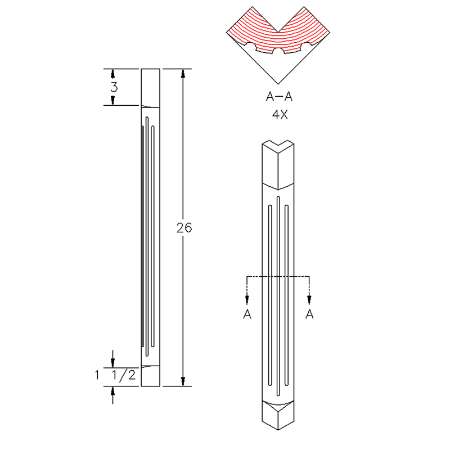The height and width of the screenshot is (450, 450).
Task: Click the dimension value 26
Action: [x=184, y=228]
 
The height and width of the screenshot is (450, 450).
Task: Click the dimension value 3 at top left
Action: [x=114, y=87]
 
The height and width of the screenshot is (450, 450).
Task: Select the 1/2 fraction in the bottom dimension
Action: [x=123, y=375]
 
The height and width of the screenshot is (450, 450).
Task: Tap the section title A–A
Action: [x=279, y=96]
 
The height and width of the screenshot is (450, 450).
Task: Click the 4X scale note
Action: [x=280, y=115]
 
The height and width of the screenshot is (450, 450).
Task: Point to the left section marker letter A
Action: [x=247, y=314]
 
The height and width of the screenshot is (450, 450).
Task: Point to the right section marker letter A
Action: [x=309, y=314]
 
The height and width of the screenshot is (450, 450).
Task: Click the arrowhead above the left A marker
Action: [x=247, y=299]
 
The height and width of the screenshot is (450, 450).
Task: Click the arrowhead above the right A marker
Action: [x=309, y=299]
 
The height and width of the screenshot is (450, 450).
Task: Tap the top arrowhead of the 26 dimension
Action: [x=183, y=74]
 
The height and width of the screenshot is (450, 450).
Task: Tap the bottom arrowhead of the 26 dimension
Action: [x=183, y=381]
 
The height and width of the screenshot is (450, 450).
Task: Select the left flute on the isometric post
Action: [x=270, y=295]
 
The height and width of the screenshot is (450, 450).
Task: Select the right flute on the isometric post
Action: [x=286, y=295]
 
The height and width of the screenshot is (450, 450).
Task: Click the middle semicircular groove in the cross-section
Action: [x=278, y=51]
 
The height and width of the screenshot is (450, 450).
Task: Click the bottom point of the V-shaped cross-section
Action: [x=278, y=84]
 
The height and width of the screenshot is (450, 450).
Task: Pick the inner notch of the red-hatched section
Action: [x=278, y=31]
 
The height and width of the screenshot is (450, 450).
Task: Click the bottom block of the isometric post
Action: [x=278, y=415]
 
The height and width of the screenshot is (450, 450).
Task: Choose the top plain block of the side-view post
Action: [x=150, y=88]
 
